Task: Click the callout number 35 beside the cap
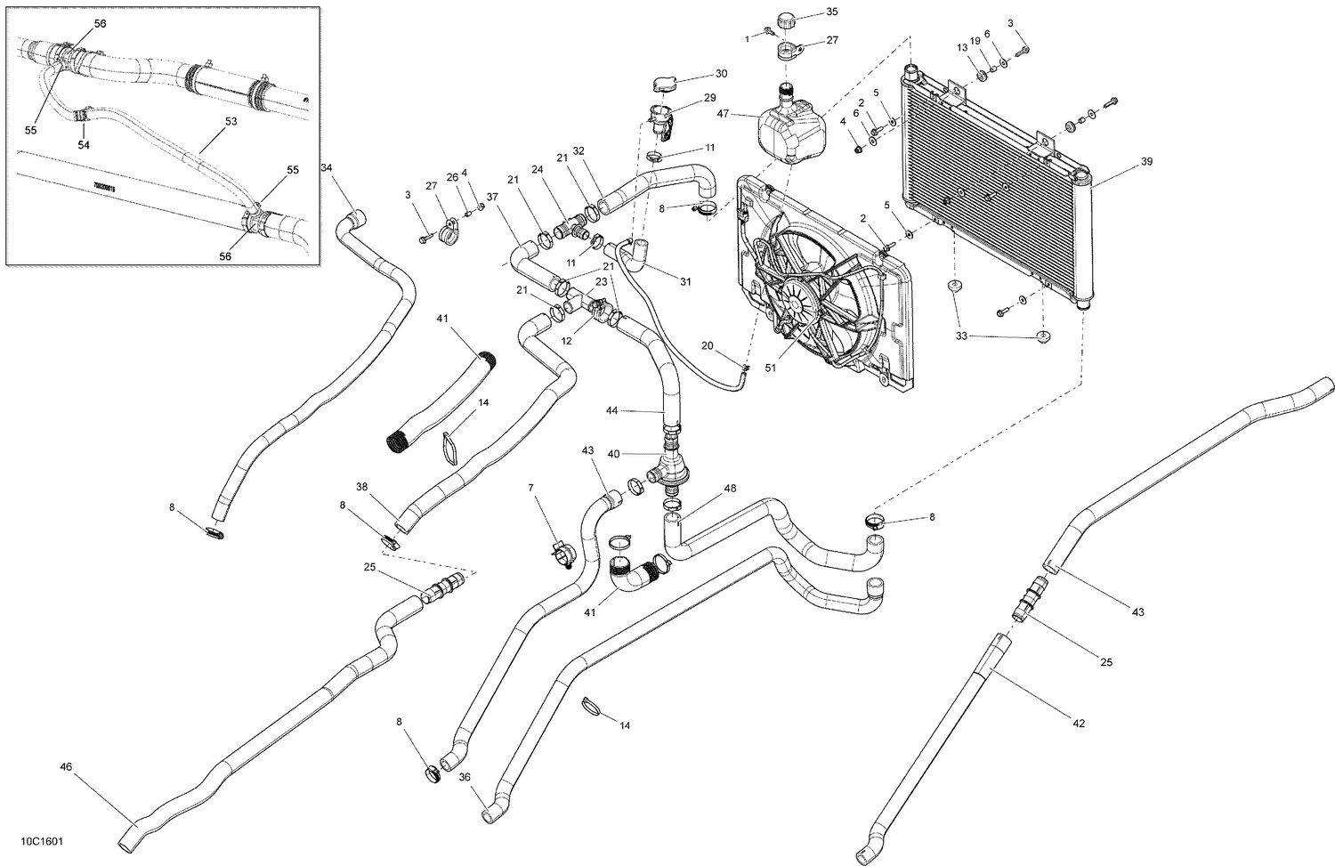831,12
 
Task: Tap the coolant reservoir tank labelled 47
788,132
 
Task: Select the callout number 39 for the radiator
1146,162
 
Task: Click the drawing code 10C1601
32,841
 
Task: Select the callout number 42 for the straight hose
1079,724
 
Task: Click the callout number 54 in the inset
85,144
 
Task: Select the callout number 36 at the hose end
465,777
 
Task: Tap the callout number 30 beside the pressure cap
721,74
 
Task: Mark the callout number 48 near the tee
730,489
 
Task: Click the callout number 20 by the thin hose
707,345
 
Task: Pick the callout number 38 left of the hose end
362,487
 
